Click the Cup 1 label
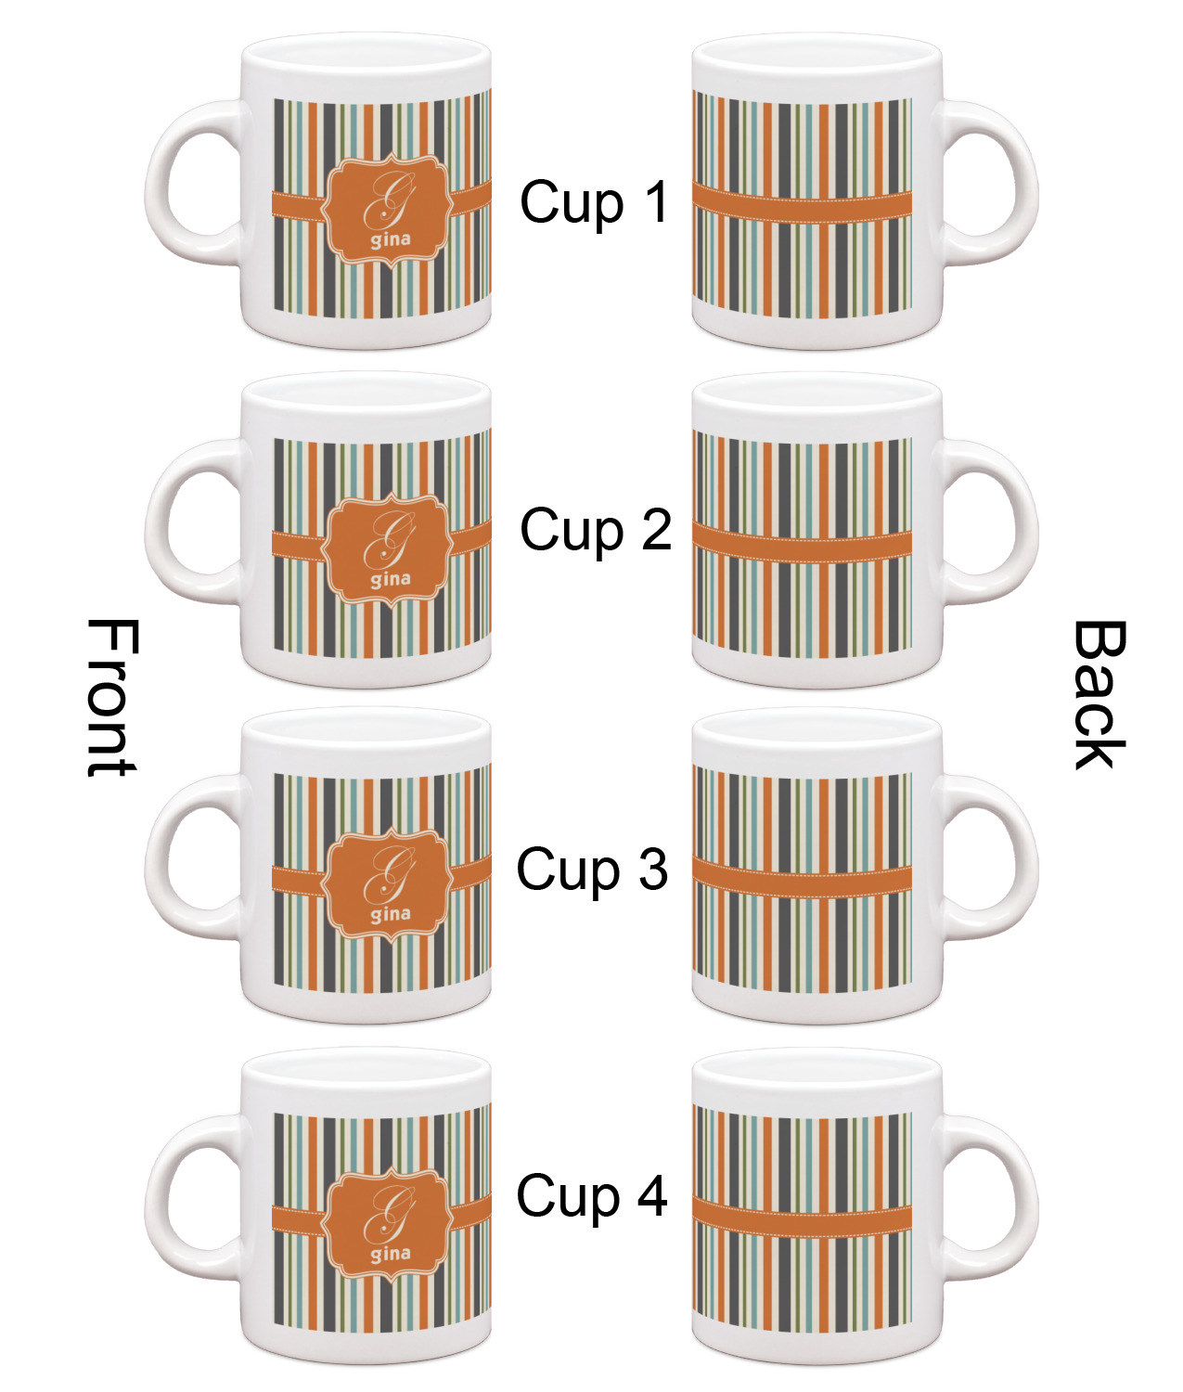[x=594, y=202]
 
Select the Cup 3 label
[x=592, y=870]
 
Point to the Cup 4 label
[x=592, y=1195]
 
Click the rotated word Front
[x=111, y=697]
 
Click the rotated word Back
[x=1100, y=695]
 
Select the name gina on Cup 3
[x=391, y=915]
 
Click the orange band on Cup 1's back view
[x=802, y=205]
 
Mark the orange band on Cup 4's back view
[x=802, y=1218]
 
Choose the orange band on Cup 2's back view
[x=802, y=545]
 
